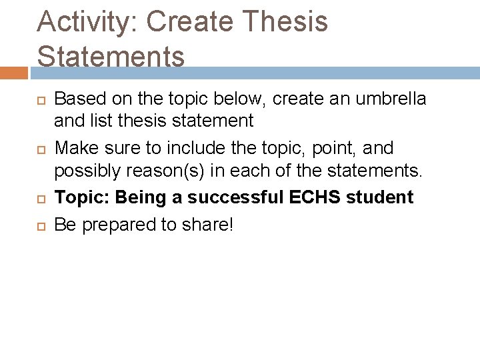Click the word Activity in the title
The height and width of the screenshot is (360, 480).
(84, 21)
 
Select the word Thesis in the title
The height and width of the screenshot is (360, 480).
(287, 21)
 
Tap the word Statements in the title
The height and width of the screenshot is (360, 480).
(111, 56)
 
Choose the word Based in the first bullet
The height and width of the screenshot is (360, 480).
(75, 99)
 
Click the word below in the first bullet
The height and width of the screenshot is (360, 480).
(225, 99)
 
